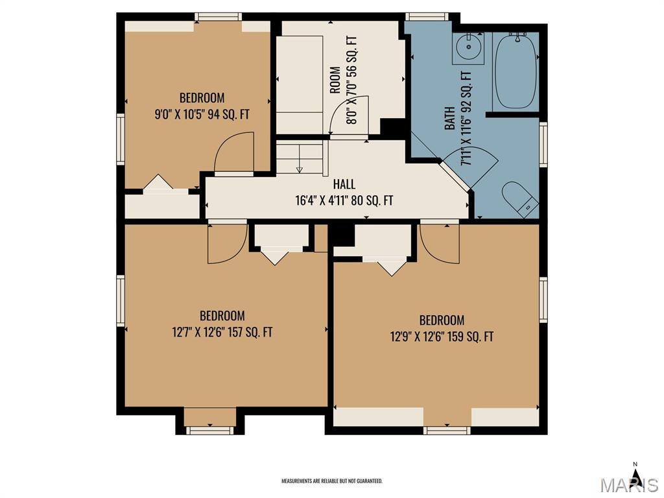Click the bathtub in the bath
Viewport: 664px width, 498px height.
pyautogui.click(x=516, y=71)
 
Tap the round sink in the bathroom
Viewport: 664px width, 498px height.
pyautogui.click(x=468, y=47)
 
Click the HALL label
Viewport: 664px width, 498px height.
pyautogui.click(x=344, y=184)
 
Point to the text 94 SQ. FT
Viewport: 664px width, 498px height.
pyautogui.click(x=228, y=114)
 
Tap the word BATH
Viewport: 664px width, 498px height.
pyautogui.click(x=450, y=118)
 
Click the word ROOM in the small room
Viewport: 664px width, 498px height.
pyautogui.click(x=335, y=80)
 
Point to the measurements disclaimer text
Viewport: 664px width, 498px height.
pyautogui.click(x=332, y=481)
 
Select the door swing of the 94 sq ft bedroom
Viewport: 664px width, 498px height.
pyautogui.click(x=234, y=153)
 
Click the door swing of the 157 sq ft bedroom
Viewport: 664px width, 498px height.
pyautogui.click(x=228, y=243)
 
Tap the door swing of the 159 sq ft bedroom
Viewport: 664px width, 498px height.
pyautogui.click(x=439, y=243)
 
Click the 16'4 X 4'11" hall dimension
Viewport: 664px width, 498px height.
pyautogui.click(x=344, y=200)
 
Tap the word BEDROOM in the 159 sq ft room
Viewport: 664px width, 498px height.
pyautogui.click(x=442, y=320)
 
